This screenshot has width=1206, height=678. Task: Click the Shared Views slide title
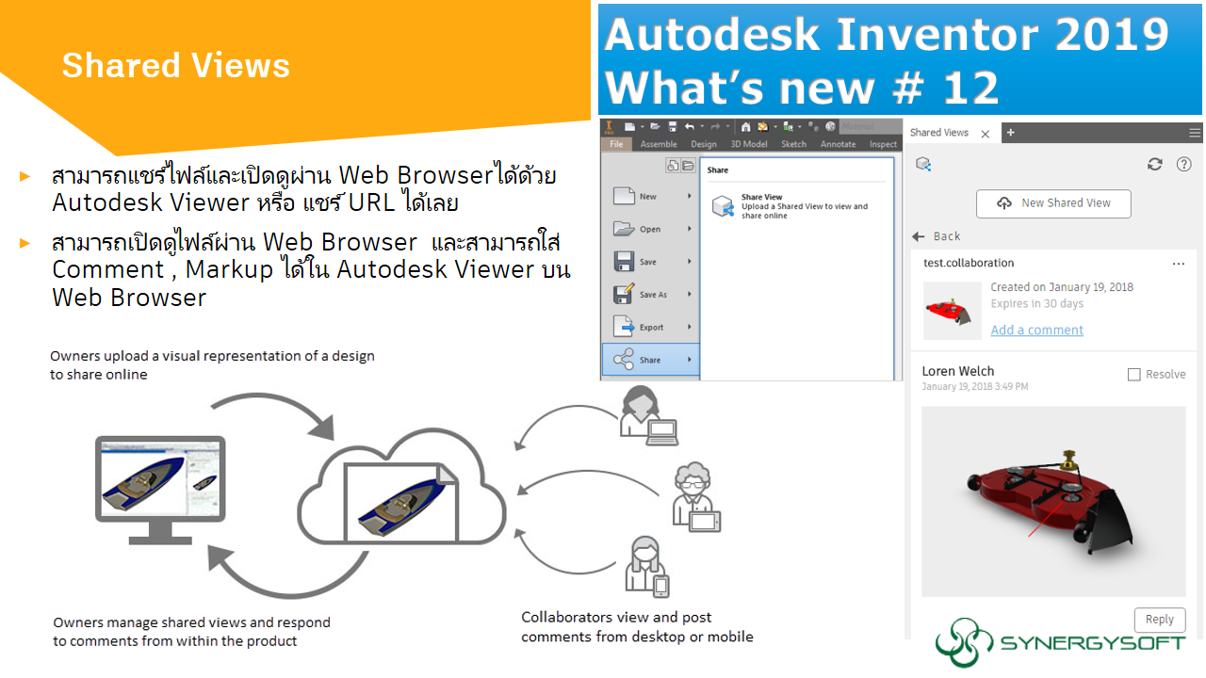(175, 66)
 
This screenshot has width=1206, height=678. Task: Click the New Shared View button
(1053, 203)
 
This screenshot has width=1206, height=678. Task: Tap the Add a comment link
(1036, 331)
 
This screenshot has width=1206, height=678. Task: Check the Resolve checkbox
(1134, 375)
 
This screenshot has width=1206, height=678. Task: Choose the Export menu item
(649, 328)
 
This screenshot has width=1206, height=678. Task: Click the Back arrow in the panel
(920, 236)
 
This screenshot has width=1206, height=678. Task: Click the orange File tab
(616, 144)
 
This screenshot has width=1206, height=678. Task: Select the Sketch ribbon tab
(793, 144)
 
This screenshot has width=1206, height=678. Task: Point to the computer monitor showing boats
(160, 478)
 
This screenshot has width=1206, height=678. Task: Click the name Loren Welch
(957, 372)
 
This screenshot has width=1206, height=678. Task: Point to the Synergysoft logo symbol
(963, 643)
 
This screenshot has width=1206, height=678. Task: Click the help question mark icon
(1184, 164)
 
